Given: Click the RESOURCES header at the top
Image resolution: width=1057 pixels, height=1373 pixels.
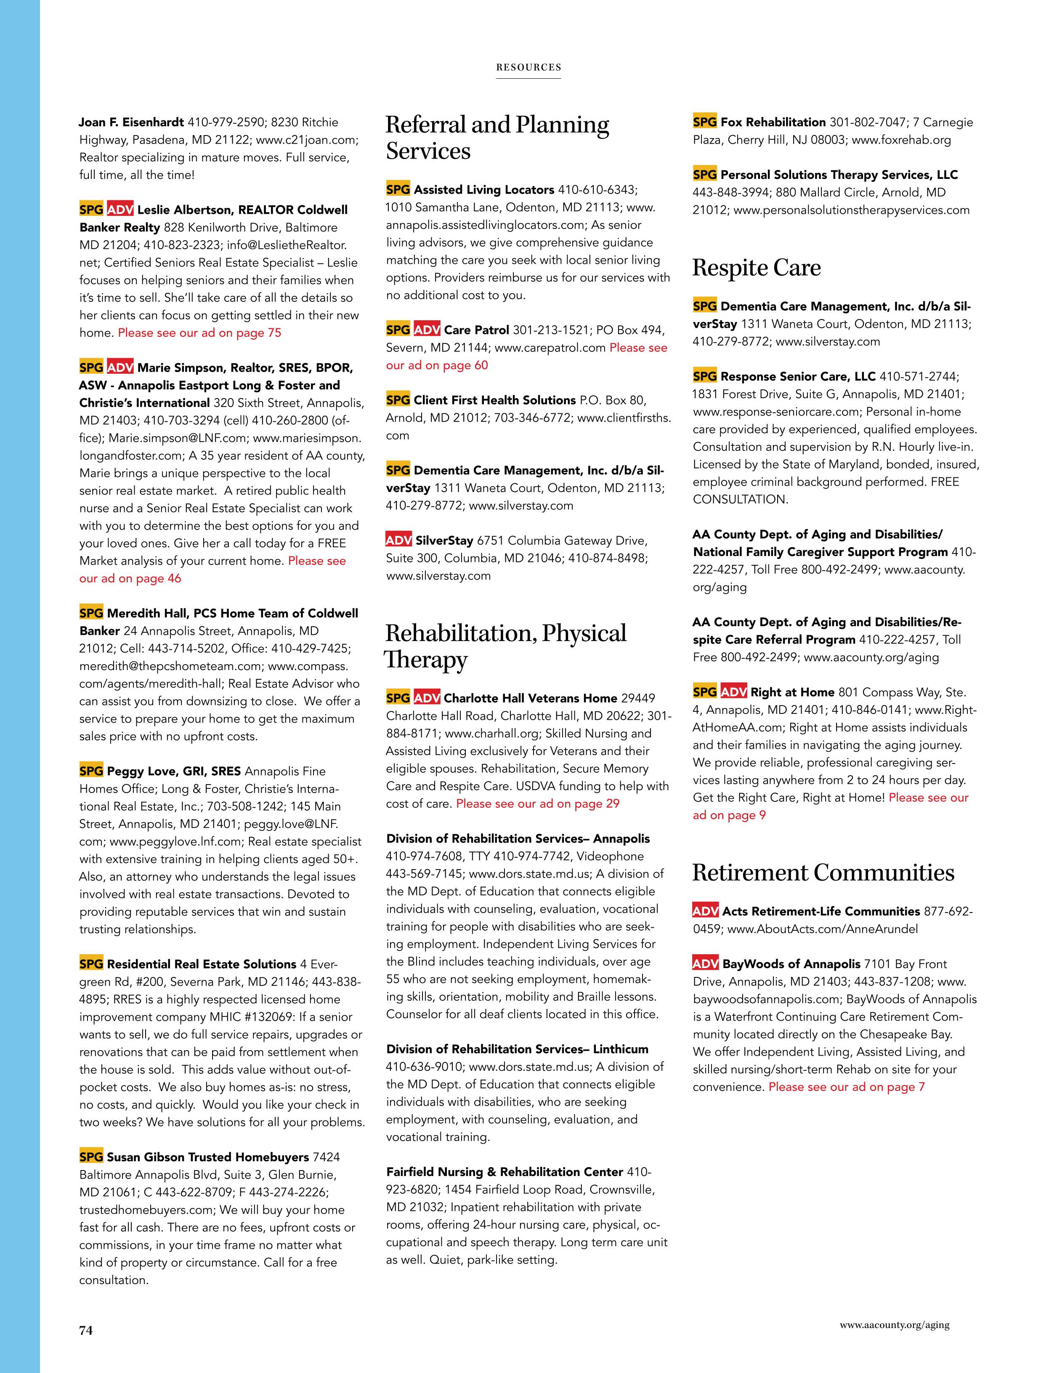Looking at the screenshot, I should (x=528, y=67).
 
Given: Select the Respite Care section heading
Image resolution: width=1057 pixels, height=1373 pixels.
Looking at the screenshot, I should (x=756, y=268).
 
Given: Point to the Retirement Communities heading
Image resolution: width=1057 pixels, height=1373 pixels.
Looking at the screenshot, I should (x=823, y=873).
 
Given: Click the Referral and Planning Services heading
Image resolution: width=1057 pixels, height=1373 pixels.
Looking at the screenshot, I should (x=497, y=138).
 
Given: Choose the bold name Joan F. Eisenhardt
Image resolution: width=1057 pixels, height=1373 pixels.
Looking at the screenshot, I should (x=131, y=122).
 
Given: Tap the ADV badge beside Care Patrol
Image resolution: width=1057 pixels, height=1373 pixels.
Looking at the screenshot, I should (x=427, y=330).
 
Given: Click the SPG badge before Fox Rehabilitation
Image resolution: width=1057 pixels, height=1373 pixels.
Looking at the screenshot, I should (x=704, y=122).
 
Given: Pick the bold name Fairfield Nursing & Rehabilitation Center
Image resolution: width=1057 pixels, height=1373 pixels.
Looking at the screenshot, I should (x=505, y=1172).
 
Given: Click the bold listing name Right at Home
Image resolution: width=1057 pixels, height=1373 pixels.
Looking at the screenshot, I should (x=792, y=692).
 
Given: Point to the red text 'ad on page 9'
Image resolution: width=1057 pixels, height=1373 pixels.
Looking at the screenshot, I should (x=729, y=815).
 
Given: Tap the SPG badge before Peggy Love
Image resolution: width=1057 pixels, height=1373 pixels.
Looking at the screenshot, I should (x=91, y=771).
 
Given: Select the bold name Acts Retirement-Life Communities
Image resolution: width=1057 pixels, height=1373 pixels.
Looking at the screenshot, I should (x=821, y=911).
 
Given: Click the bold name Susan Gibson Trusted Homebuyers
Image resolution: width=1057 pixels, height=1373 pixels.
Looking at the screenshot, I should (x=208, y=1157).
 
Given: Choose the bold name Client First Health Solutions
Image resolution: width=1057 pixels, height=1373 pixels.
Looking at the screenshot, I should (x=494, y=400).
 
